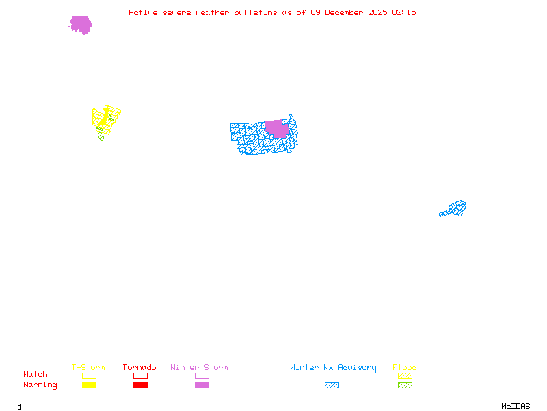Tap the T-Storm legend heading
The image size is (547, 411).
click(x=88, y=368)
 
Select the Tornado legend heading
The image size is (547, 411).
click(x=139, y=368)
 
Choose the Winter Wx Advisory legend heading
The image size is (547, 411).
click(x=333, y=368)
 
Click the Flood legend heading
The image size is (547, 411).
click(x=405, y=368)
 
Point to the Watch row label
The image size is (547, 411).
click(x=36, y=375)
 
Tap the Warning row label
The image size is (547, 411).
click(x=40, y=385)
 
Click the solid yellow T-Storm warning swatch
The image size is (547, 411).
click(x=89, y=386)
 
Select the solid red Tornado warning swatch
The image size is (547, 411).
click(x=140, y=386)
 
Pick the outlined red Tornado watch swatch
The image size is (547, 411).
click(x=140, y=375)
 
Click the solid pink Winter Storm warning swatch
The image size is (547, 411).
click(x=202, y=386)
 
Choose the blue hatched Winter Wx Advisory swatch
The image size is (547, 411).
click(x=332, y=386)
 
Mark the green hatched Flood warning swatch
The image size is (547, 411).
click(x=405, y=386)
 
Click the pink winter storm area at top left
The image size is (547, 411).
click(x=81, y=25)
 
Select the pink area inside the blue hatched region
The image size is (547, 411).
click(x=277, y=128)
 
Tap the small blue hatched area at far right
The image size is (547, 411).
click(x=454, y=208)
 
